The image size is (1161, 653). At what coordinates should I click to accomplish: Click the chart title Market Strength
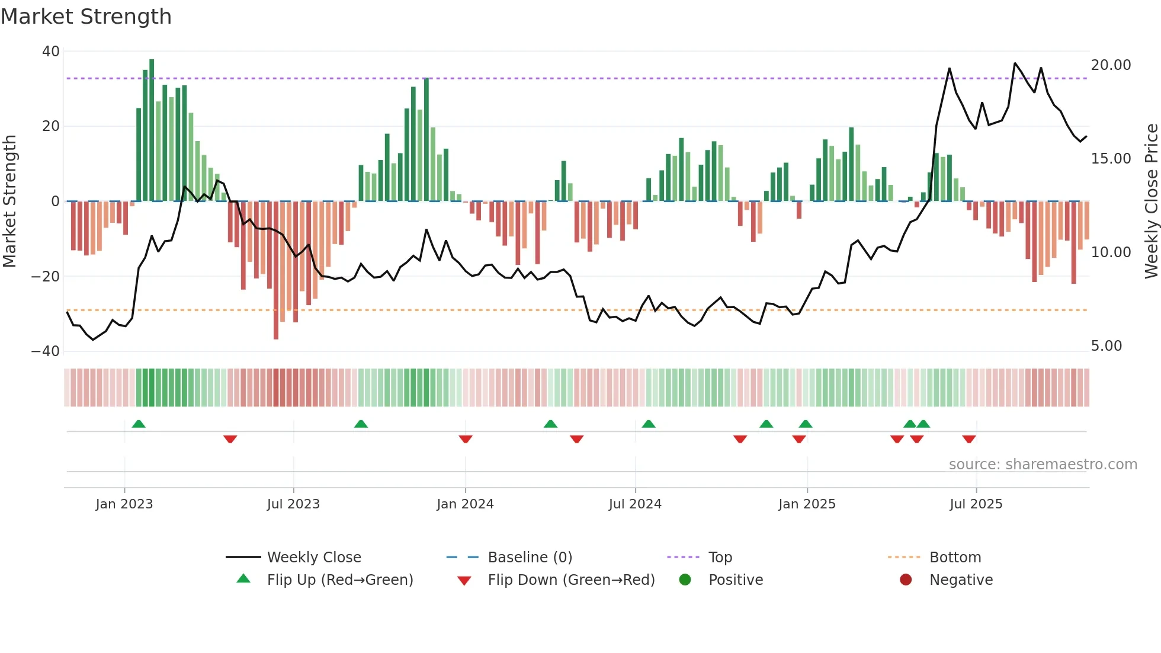pos(86,17)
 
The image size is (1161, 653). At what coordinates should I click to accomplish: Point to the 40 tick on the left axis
pos(51,52)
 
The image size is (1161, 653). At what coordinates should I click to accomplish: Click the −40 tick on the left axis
pos(46,351)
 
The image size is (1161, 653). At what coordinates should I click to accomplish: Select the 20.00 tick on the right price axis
pos(1111,65)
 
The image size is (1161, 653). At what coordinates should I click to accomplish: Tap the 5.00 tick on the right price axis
pos(1106,346)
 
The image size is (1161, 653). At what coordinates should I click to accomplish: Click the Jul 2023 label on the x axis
pos(293,504)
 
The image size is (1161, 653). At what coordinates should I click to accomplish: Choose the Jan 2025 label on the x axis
pos(807,504)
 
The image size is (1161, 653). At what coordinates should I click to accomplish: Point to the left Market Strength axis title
pos(10,201)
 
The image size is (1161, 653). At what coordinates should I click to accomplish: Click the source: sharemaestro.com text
pos(1043,465)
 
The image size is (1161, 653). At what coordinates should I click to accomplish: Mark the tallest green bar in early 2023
pos(152,130)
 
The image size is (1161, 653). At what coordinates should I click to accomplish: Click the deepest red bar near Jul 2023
pos(276,270)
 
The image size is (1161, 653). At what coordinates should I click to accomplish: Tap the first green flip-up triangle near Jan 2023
pos(139,424)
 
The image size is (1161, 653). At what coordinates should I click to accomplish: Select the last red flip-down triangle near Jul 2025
pos(969,439)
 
